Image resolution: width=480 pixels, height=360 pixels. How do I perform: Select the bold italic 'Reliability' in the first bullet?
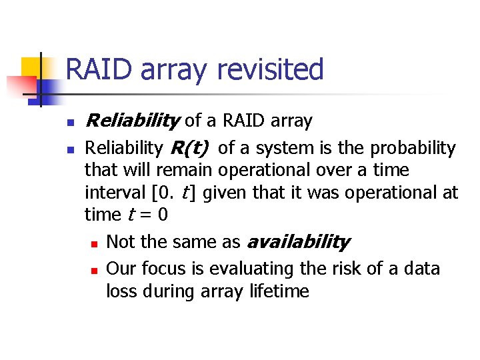click(x=133, y=121)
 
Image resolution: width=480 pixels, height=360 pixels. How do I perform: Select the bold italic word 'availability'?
click(x=298, y=242)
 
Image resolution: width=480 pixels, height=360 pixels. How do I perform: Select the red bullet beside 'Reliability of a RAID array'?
click(x=70, y=122)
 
